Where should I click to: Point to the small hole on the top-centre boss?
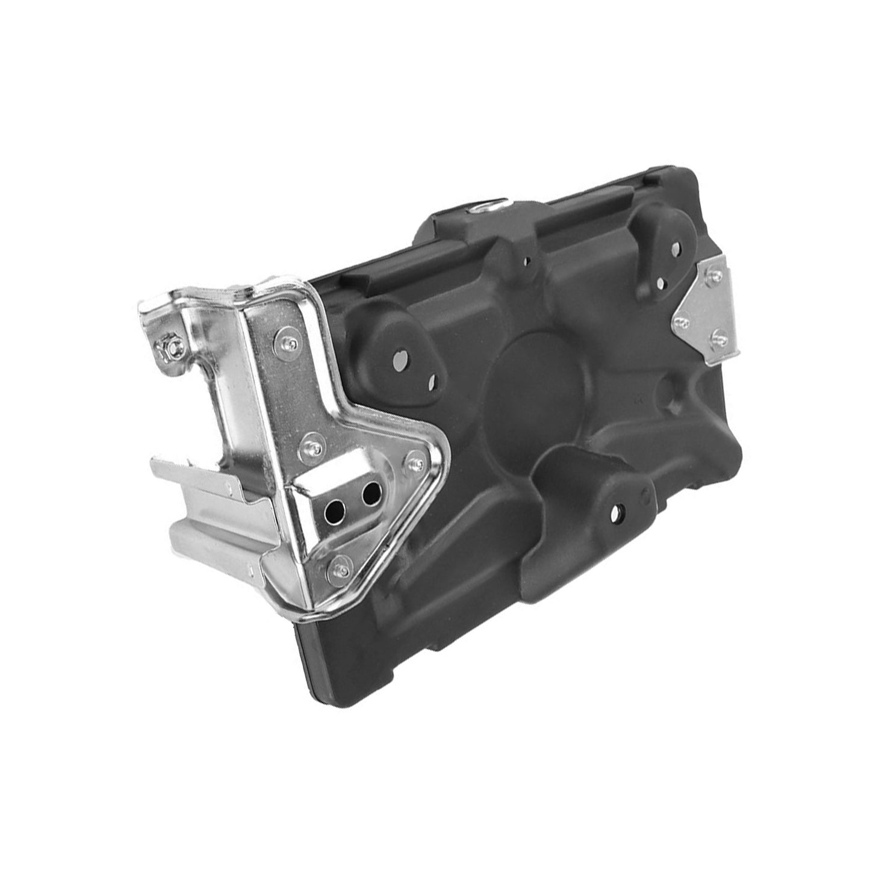(x=527, y=261)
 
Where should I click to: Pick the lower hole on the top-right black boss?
(x=660, y=281)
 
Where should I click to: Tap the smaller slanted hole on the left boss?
(x=432, y=382)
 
